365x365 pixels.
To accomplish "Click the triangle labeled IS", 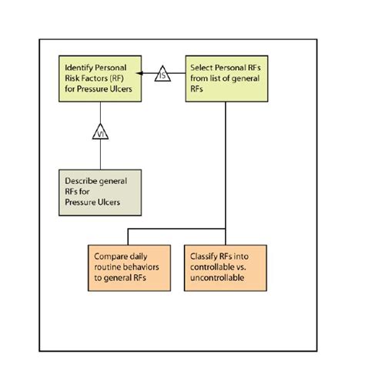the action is click(162, 74).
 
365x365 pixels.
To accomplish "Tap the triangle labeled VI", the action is click(100, 132).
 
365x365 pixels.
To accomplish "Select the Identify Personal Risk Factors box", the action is click(100, 79).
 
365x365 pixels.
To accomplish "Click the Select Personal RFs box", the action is click(226, 79).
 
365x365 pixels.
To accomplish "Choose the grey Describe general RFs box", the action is click(100, 193).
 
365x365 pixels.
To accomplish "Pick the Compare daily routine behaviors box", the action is click(129, 268).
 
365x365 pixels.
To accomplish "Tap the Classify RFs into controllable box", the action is click(226, 268).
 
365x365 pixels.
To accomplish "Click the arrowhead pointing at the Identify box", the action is click(139, 73).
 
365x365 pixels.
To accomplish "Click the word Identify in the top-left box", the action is click(79, 68).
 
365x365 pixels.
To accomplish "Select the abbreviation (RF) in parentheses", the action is click(116, 79).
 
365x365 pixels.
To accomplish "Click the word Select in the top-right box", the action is click(202, 68).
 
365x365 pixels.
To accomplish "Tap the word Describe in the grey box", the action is click(81, 181).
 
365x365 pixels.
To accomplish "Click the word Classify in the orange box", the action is click(204, 256).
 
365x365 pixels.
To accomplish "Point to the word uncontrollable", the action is click(217, 278).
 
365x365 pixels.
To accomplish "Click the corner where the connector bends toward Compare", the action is click(128, 229).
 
